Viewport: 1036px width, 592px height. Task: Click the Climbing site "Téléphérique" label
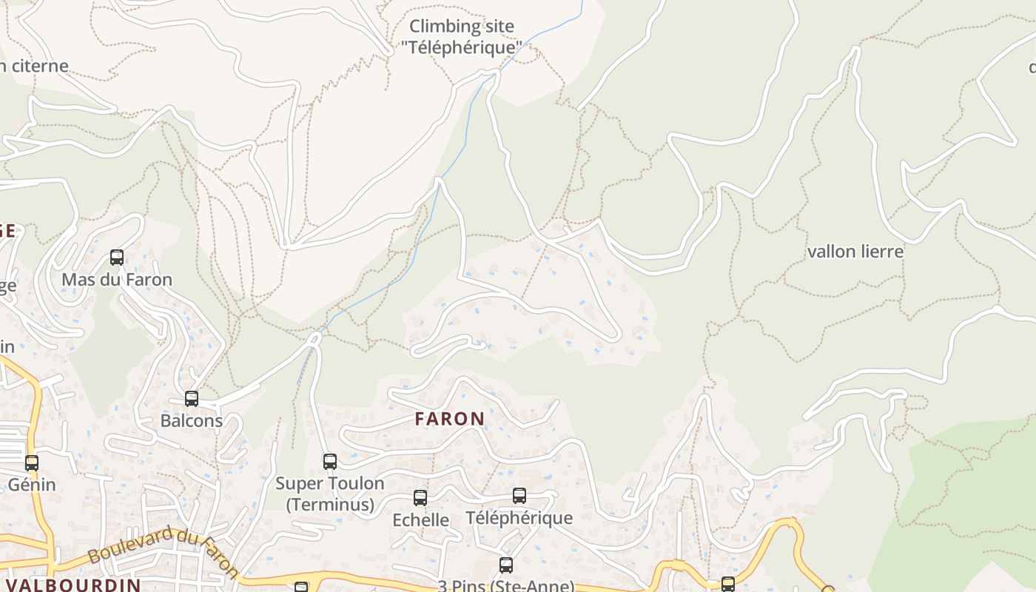click(462, 37)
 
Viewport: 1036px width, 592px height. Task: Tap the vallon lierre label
click(855, 252)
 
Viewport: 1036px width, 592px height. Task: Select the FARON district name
click(450, 419)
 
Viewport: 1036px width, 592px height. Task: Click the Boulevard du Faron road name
click(163, 551)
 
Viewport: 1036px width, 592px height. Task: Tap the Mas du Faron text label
click(117, 280)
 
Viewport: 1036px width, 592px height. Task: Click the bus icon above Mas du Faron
click(117, 258)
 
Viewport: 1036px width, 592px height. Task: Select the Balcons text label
click(192, 420)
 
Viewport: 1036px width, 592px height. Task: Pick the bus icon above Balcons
click(192, 399)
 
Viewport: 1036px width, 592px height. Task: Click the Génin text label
click(32, 485)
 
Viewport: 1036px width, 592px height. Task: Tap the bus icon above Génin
click(32, 463)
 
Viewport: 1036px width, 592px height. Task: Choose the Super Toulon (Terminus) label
click(330, 494)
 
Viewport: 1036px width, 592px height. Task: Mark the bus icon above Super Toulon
click(330, 462)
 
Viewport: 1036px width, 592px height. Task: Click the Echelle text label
click(420, 519)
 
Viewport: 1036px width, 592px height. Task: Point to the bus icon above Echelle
click(420, 498)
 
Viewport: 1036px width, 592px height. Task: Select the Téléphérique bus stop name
click(519, 517)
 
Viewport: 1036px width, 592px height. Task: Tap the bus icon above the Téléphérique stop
click(519, 496)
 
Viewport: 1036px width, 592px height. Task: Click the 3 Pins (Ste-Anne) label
click(506, 585)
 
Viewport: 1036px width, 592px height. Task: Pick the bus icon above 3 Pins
click(506, 565)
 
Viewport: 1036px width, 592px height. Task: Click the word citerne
click(38, 66)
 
